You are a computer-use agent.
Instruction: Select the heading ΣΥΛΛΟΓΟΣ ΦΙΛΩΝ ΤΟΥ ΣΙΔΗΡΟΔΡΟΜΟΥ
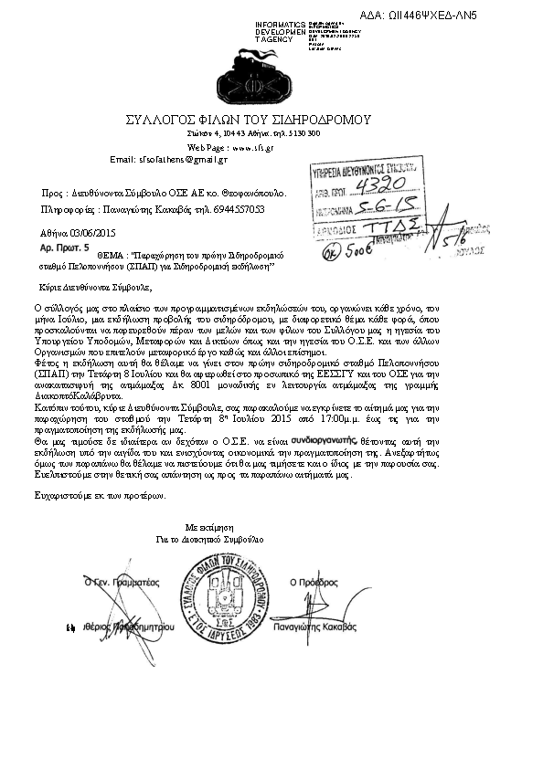(x=249, y=120)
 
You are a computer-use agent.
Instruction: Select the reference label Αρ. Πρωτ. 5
(x=61, y=248)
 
